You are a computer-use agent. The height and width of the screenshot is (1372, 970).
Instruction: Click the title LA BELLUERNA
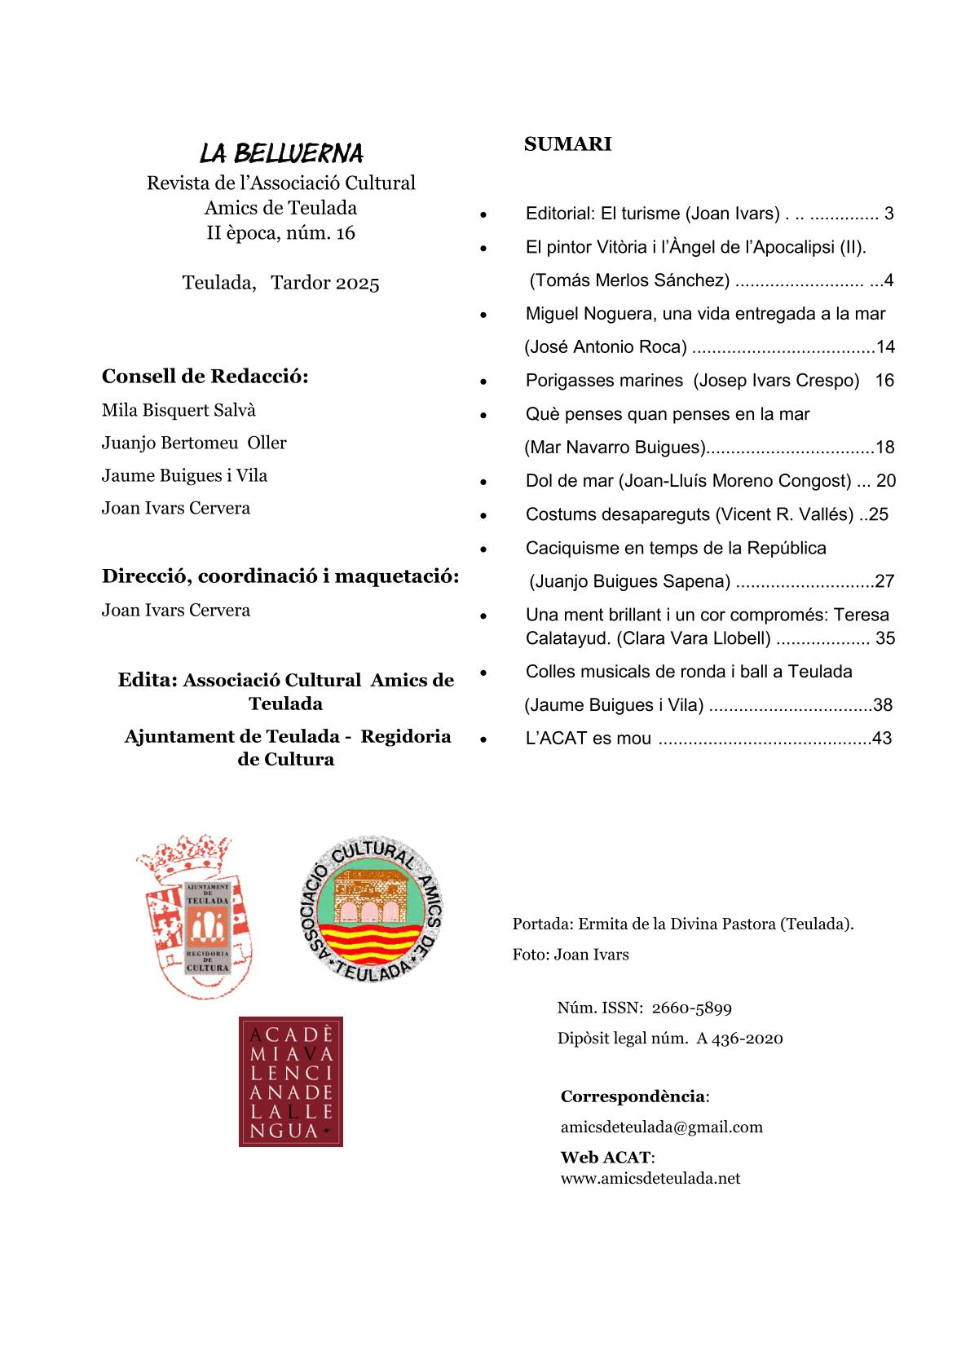[281, 152]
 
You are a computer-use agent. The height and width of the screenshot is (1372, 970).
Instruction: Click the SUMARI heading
[567, 144]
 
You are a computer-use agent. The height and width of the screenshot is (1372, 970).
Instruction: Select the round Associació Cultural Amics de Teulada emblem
[372, 909]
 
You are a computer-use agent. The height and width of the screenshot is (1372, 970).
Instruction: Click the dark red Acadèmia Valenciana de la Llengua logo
[290, 1081]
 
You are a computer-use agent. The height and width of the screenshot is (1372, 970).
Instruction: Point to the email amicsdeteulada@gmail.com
[661, 1127]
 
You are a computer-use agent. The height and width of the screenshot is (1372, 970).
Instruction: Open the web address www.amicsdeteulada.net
[650, 1178]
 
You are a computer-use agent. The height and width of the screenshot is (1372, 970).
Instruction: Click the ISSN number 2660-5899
[691, 1008]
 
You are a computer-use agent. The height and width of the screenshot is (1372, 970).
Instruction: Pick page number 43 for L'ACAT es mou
[881, 739]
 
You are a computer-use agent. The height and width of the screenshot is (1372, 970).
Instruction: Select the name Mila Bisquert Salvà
[179, 410]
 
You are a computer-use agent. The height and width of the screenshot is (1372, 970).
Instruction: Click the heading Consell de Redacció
[205, 377]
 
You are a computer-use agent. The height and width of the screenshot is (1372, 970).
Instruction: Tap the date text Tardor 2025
[324, 283]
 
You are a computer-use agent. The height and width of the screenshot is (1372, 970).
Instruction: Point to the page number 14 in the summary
[885, 347]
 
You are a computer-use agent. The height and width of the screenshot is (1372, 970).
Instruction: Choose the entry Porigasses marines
[604, 381]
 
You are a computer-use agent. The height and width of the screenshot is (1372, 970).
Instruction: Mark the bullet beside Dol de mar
[483, 482]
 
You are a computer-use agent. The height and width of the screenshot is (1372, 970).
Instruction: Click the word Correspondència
[633, 1096]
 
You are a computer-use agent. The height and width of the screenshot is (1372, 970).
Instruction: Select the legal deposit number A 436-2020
[739, 1039]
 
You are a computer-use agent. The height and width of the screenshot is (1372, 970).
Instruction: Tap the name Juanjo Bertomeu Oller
[194, 443]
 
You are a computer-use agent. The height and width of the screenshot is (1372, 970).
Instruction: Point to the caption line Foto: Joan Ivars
[571, 955]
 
